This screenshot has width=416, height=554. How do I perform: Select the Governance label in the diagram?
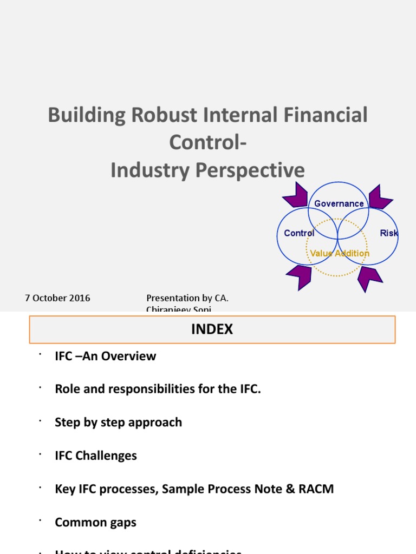[x=339, y=203]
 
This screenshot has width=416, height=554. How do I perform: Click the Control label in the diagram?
[x=299, y=233]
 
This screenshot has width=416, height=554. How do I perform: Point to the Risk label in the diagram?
[x=389, y=233]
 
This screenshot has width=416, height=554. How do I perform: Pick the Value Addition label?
[x=339, y=253]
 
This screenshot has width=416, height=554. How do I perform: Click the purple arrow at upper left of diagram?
[x=295, y=195]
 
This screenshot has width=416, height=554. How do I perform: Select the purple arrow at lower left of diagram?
[x=299, y=276]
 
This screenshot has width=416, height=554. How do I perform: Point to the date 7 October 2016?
[x=57, y=298]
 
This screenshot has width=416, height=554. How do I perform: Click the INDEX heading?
[x=212, y=329]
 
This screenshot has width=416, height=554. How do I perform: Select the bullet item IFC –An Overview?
[x=105, y=356]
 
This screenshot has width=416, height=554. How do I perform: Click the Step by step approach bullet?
[x=118, y=423]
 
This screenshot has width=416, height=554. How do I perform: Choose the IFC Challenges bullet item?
[x=96, y=456]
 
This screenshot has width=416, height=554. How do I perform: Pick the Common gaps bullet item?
[x=95, y=523]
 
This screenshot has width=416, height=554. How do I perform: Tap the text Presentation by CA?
[x=191, y=298]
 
